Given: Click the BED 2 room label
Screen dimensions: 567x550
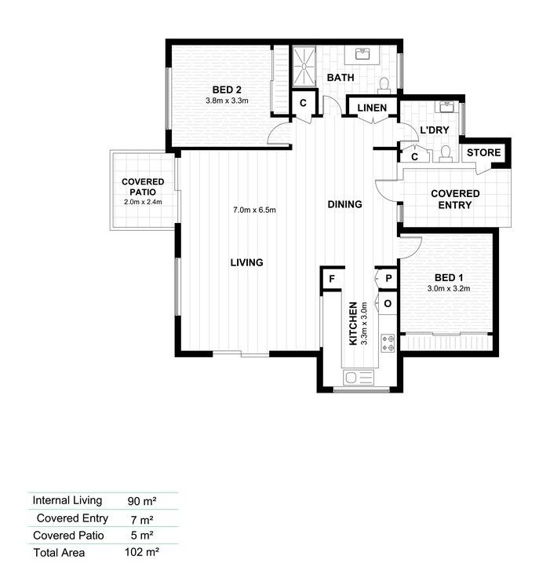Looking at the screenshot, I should [226, 89].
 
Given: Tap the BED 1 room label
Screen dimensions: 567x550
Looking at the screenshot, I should [448, 277].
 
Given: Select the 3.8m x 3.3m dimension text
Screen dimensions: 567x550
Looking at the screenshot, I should [226, 101].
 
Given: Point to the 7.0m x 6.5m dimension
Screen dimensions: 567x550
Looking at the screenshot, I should [254, 210].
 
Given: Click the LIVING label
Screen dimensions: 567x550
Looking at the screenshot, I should [246, 262].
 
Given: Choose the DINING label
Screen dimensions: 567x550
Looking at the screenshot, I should [344, 204].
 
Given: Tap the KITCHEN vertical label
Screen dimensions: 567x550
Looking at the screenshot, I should [354, 324].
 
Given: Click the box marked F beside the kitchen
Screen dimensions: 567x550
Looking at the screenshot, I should [332, 279].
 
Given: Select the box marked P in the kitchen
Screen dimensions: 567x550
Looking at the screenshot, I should [388, 279].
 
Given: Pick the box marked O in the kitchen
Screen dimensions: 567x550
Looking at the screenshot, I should [388, 303].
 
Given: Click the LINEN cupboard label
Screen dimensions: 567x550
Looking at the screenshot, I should [372, 108].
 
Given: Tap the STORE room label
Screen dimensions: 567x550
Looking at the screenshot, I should [483, 152].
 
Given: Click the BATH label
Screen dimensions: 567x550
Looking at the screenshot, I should [341, 78].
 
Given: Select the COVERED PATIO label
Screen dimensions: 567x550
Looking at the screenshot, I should [143, 192].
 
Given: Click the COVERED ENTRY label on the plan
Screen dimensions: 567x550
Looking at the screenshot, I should [455, 199].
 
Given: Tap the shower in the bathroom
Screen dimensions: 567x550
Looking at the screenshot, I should [302, 67].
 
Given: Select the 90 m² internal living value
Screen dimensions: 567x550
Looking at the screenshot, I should [140, 500].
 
